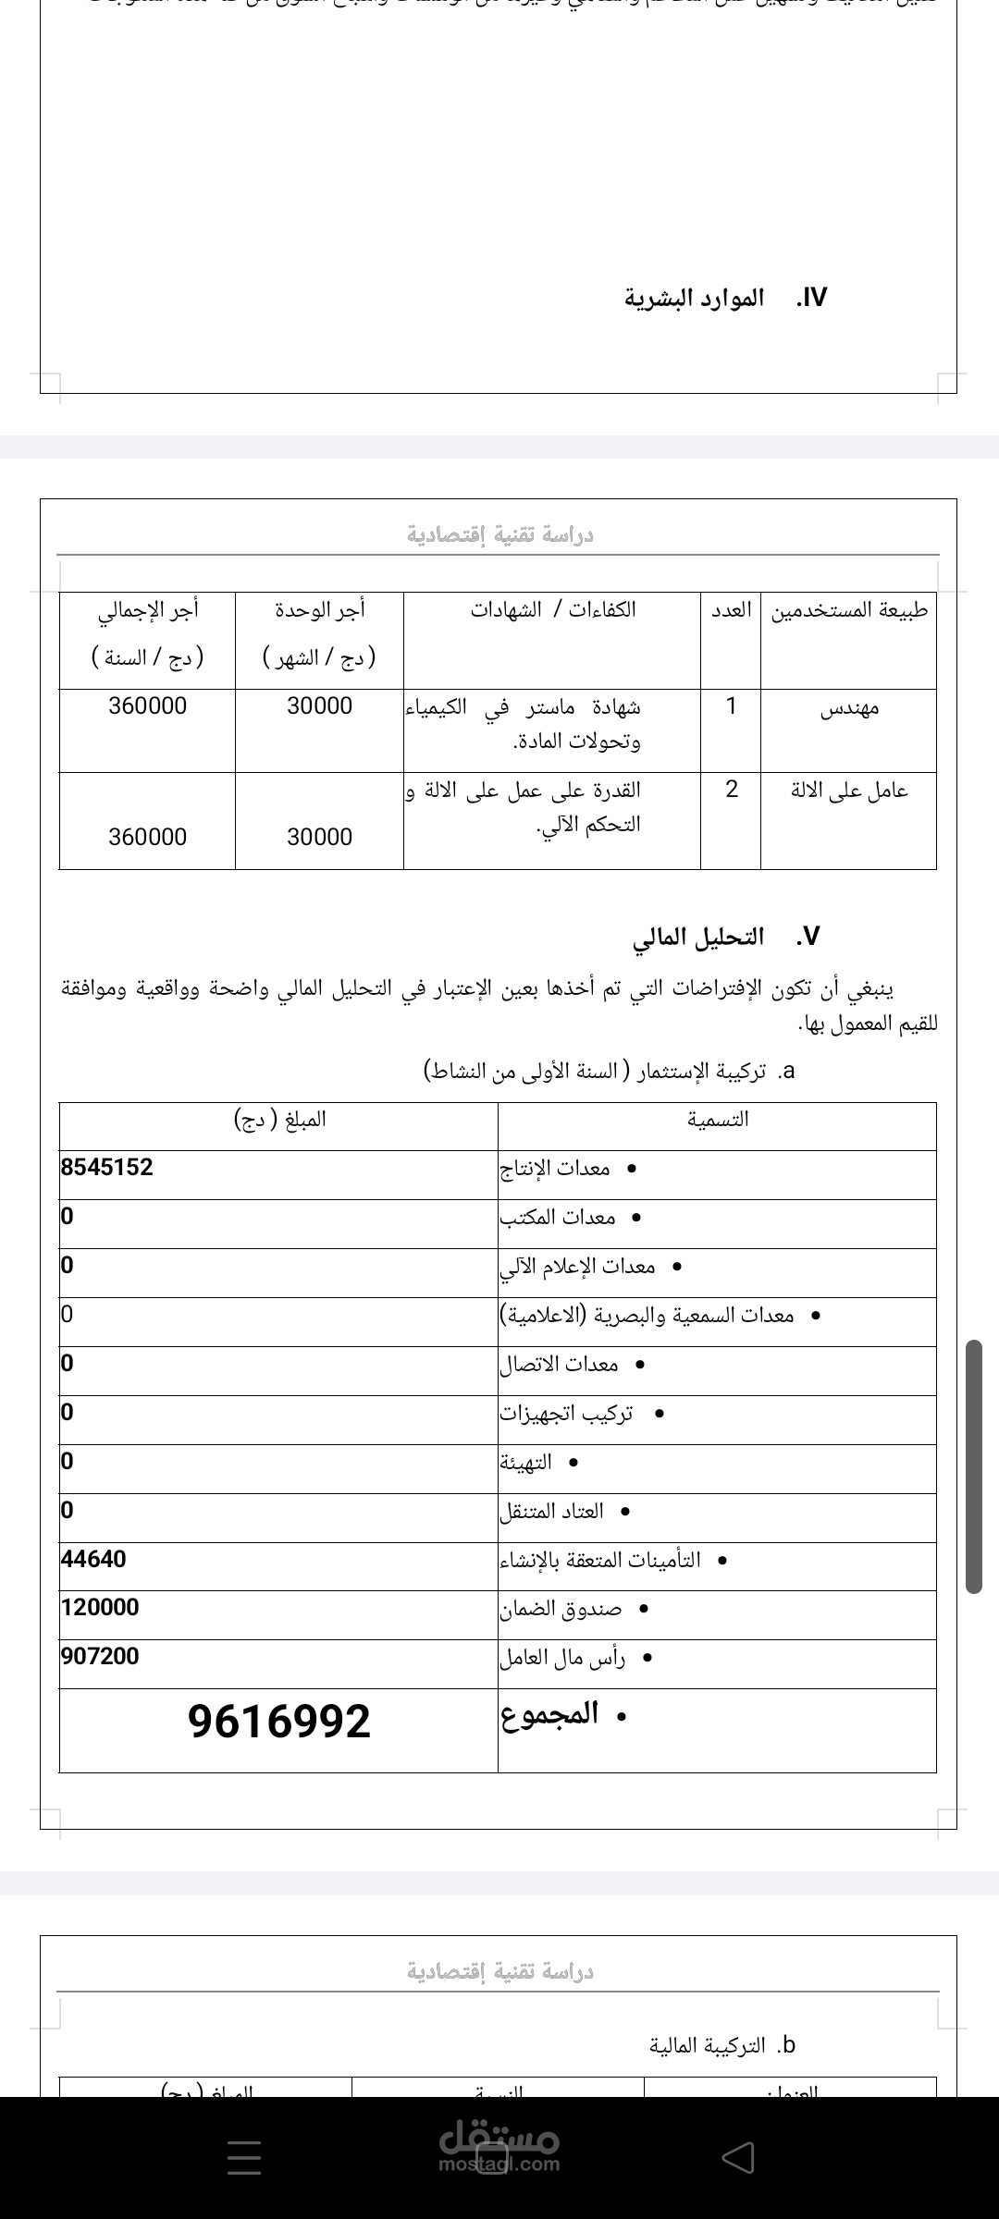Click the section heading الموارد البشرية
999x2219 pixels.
(694, 298)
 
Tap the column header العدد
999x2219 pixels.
(731, 610)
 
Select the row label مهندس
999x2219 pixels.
(849, 708)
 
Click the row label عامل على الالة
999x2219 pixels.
(849, 791)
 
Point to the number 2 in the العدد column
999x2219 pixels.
(732, 790)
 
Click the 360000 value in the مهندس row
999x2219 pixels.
(147, 706)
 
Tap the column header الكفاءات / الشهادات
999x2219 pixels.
(552, 610)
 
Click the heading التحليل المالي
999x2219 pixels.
(698, 937)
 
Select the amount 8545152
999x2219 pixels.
(107, 1167)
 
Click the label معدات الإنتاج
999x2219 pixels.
(555, 1169)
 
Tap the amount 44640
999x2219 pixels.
(93, 1559)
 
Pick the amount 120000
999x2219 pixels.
(100, 1607)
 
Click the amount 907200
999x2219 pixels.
(100, 1656)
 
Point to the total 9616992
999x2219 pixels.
(278, 1721)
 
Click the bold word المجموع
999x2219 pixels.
(550, 1715)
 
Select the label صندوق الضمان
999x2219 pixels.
(561, 1609)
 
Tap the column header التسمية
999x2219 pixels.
(717, 1120)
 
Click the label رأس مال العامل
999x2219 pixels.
(562, 1658)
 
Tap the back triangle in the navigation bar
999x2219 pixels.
(738, 2158)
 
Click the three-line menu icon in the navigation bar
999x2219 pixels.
(244, 2158)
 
